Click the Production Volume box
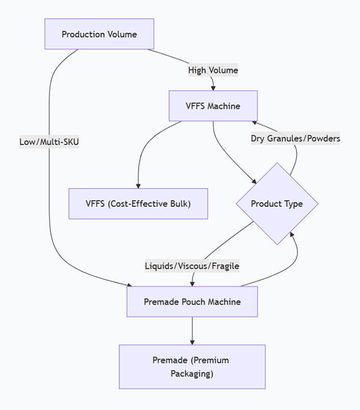[x=99, y=34]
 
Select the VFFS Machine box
[x=213, y=106]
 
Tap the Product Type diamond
[x=277, y=204]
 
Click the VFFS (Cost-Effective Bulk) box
[x=138, y=203]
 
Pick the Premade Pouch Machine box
[x=192, y=301]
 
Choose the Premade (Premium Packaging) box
[x=192, y=367]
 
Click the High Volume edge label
[x=213, y=70]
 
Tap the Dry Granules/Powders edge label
[x=295, y=139]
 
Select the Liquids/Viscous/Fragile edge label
[x=192, y=265]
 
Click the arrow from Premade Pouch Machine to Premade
[x=192, y=330]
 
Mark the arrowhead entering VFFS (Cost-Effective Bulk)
[x=138, y=185]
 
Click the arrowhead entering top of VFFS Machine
[x=213, y=88]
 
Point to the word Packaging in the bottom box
[x=192, y=373]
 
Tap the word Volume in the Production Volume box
[x=121, y=34]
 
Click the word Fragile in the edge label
[x=224, y=265]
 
